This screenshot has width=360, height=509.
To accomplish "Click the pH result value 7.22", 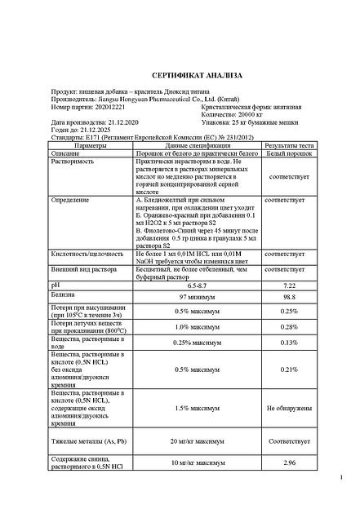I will (x=289, y=285).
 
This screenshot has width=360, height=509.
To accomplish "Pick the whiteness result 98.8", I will (x=289, y=298).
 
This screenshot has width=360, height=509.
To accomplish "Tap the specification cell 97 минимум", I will (x=196, y=298).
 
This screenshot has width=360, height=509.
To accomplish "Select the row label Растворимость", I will (x=73, y=161).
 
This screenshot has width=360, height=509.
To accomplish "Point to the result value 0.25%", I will (x=289, y=312).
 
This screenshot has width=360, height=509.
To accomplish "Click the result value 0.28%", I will (x=289, y=327).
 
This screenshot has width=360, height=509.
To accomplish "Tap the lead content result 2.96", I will (x=289, y=463).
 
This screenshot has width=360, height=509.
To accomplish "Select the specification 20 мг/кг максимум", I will (x=197, y=440).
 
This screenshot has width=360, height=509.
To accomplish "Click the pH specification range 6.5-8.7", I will (x=196, y=285).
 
